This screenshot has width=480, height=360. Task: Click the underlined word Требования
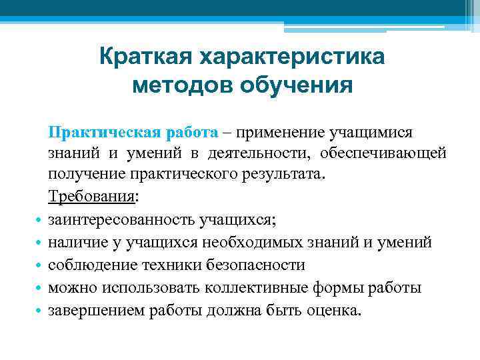[91, 197]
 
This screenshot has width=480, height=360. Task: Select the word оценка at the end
[333, 310]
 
